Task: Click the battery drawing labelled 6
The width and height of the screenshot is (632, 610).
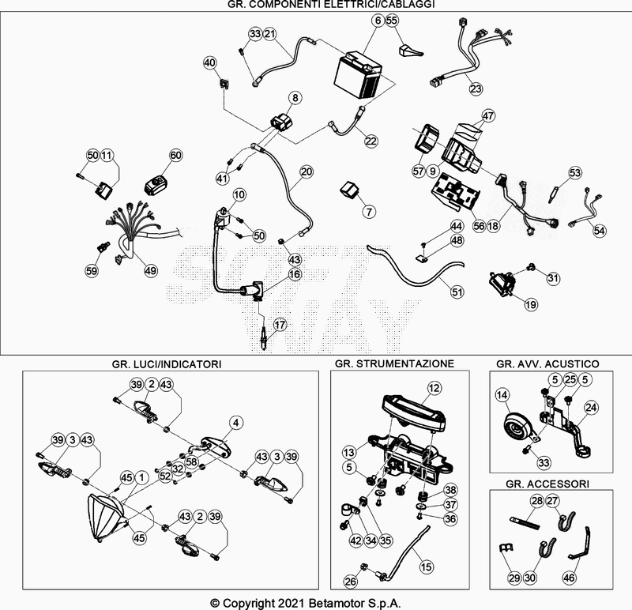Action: (359, 74)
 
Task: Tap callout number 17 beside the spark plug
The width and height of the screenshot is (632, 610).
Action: (280, 325)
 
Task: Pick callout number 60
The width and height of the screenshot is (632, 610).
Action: (175, 155)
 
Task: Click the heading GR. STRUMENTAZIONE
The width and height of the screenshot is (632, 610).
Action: (394, 363)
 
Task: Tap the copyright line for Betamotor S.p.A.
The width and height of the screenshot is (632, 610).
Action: (306, 603)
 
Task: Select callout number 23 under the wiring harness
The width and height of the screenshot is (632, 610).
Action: (476, 88)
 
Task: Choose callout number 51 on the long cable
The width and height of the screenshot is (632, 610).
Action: (457, 292)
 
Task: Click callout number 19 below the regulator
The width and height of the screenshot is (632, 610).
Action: (531, 304)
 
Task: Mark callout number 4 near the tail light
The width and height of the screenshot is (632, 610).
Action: (235, 423)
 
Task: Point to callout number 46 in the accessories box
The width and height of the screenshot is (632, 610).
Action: (569, 578)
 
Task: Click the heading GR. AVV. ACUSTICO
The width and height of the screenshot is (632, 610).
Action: (547, 364)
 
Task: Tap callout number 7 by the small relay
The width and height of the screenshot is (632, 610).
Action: (369, 211)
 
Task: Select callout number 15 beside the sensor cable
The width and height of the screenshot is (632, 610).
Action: (426, 567)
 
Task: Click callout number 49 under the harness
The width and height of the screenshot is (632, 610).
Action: (150, 270)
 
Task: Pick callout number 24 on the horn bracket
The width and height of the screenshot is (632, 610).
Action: (591, 408)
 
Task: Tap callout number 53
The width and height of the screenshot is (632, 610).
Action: (575, 172)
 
